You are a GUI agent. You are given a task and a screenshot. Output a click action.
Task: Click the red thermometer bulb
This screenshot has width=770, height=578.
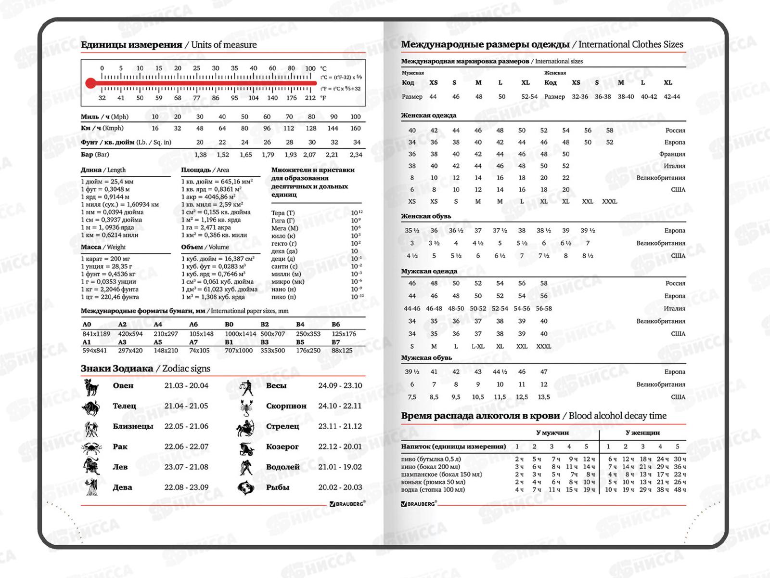point(90,83)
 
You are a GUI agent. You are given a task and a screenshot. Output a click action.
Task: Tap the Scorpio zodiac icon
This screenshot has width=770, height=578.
point(246,407)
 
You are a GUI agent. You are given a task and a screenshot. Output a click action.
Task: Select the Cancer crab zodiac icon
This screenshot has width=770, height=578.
point(91,447)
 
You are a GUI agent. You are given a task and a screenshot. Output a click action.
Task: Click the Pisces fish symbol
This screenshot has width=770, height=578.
point(246,487)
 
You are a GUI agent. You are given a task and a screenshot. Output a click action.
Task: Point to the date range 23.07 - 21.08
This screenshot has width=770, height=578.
point(186,467)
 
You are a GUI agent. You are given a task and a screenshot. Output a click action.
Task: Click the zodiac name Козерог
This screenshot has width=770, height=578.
point(282,447)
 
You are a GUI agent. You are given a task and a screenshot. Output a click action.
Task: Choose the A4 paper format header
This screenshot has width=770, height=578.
point(158,324)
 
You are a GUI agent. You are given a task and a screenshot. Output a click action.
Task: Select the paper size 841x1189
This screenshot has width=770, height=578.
point(96,334)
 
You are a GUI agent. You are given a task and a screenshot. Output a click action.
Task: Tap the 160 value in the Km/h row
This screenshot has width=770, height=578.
point(355,128)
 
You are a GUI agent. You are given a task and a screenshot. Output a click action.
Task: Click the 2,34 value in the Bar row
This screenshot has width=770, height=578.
point(356,155)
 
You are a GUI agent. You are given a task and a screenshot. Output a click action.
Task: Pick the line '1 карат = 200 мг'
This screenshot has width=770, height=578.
point(106,259)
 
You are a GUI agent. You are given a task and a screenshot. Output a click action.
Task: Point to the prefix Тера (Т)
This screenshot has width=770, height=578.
point(283,213)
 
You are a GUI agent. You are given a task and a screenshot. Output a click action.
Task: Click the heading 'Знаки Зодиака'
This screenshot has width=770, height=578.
point(116,368)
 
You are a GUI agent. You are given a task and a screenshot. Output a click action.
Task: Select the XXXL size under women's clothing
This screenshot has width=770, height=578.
point(609,201)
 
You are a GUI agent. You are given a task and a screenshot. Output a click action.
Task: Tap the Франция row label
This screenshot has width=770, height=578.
point(672,154)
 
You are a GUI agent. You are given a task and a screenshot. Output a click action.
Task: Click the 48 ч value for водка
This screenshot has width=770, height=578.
point(680,490)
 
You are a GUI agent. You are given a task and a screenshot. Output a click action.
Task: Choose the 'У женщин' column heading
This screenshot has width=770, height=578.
point(642,433)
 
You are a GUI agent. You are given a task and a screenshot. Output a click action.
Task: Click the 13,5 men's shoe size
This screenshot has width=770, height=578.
point(543,397)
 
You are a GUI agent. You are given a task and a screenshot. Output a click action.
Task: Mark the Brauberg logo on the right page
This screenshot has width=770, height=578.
point(419,504)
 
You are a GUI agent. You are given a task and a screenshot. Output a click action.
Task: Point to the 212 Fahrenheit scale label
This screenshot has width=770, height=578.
point(310,98)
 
